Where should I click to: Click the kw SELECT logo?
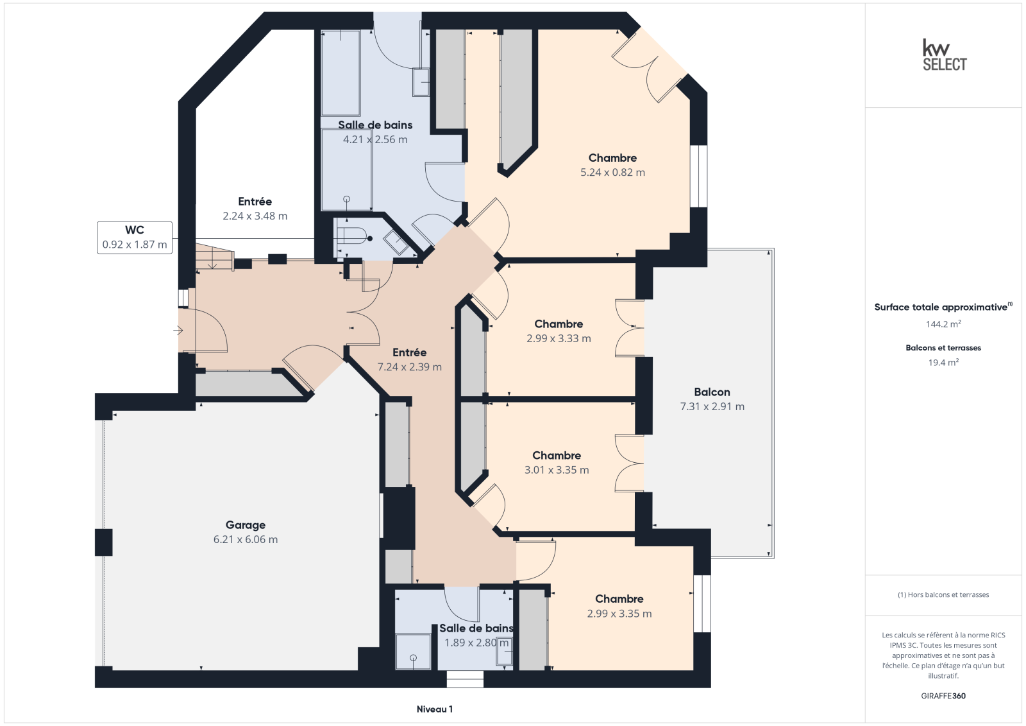(945, 55)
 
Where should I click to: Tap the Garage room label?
(246, 524)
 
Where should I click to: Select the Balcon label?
(712, 392)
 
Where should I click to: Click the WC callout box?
(135, 238)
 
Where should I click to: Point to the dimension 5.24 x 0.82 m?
(612, 173)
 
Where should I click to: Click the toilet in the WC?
(355, 237)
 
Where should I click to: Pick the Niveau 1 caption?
(434, 709)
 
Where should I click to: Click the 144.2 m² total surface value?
(943, 324)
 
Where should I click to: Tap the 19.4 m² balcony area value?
(943, 362)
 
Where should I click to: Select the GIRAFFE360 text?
(943, 696)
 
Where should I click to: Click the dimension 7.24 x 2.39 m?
(410, 367)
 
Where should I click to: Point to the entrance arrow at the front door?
(178, 330)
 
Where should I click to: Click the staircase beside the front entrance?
(215, 256)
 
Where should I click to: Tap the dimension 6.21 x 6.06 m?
(246, 539)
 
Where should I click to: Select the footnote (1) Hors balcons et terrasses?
(943, 594)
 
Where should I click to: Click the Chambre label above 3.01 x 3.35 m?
(557, 455)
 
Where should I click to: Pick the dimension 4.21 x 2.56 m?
(375, 139)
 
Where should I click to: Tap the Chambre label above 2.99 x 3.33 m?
(559, 324)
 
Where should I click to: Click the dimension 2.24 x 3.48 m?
(255, 216)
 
